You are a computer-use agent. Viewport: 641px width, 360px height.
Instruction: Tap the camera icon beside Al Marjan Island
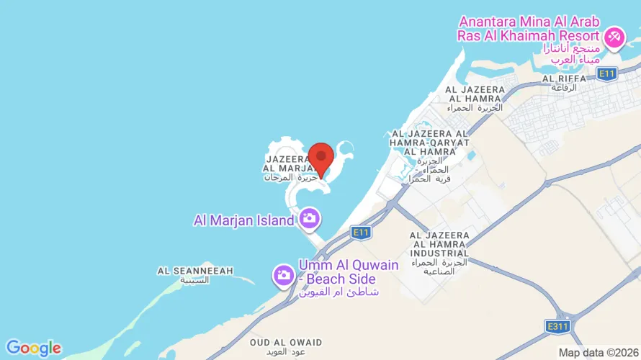[x=310, y=217]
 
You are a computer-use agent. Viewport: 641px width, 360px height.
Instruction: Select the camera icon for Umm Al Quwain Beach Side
[x=283, y=274]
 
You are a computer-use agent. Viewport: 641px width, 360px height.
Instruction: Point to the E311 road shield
[x=555, y=326]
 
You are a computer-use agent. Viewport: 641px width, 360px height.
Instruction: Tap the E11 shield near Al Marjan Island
[x=361, y=231]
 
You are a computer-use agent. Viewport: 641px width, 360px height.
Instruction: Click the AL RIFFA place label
[x=563, y=78]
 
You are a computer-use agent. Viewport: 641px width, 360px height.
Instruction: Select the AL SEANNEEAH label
[x=195, y=271]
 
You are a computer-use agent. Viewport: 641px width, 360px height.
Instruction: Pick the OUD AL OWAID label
[x=286, y=343]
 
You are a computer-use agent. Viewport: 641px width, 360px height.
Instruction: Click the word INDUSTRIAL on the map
[x=439, y=253]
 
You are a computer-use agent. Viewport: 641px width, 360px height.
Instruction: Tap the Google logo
[x=33, y=348]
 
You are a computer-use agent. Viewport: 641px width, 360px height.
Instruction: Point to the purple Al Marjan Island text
[x=243, y=220]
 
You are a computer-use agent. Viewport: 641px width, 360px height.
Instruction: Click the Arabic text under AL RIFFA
[x=564, y=87]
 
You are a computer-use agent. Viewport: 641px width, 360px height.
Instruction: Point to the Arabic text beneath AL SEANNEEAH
[x=195, y=280]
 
